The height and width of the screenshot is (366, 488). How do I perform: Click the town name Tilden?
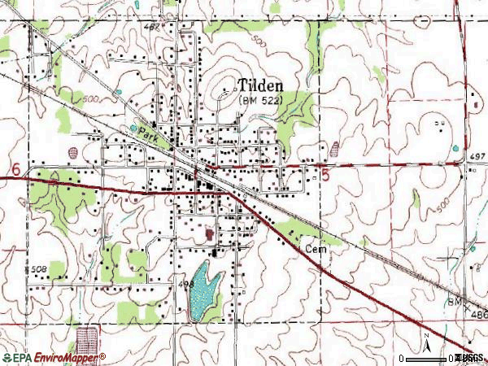tap(260, 85)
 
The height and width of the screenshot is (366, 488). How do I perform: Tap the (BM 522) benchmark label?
tap(260, 100)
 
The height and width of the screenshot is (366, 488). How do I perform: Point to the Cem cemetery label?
tap(316, 250)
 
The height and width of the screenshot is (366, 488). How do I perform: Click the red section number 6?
tap(15, 169)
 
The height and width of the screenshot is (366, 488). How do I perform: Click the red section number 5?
tap(326, 176)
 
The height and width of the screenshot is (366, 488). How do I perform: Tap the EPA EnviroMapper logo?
tap(54, 358)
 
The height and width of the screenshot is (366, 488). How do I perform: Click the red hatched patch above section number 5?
tap(335, 149)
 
